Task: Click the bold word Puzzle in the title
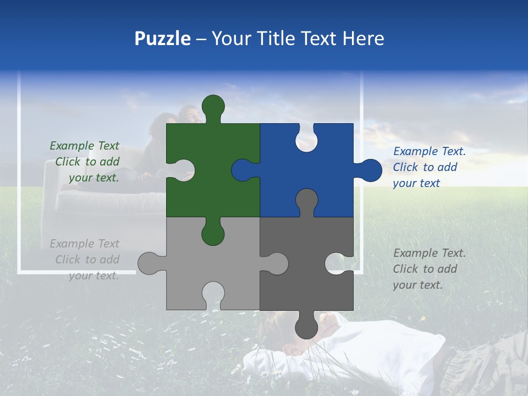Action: coord(162,38)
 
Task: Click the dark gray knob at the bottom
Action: coord(306,327)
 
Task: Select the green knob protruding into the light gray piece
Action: coord(213,233)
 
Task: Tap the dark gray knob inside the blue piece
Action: coord(306,200)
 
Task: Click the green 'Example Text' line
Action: coord(84,146)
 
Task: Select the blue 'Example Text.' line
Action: coord(429,151)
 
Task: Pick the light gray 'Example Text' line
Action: coord(84,244)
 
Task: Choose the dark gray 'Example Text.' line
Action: coord(429,253)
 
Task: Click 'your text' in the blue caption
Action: coord(416,183)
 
